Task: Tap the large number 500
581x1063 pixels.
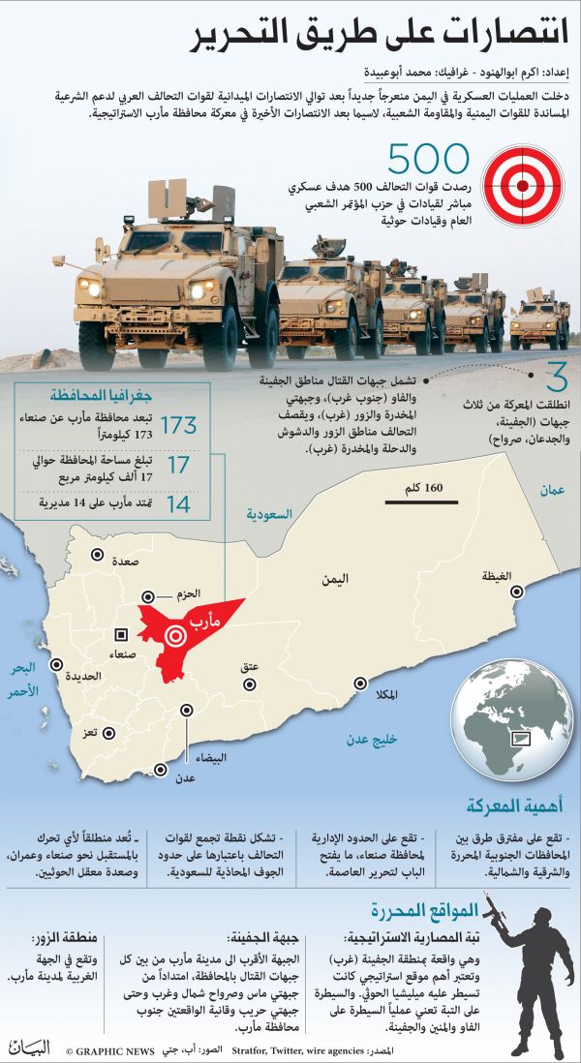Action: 428,158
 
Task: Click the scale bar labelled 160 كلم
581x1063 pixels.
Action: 414,501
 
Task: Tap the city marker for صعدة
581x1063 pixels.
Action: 97,555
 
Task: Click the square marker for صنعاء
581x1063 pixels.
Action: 121,634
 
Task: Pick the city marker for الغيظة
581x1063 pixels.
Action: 517,590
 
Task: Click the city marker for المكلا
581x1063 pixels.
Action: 359,683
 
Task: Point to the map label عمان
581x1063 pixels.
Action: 552,491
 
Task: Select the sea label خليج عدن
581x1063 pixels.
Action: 372,740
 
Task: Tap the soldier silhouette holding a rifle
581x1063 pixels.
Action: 527,968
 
